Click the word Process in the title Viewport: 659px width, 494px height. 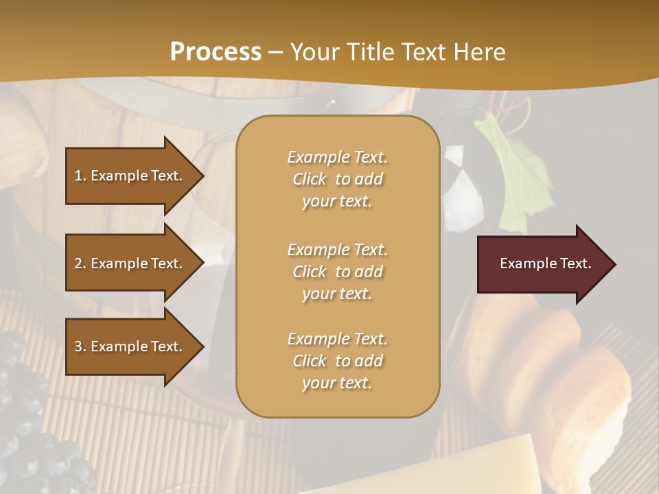pyautogui.click(x=216, y=51)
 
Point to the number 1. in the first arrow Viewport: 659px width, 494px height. pyautogui.click(x=80, y=176)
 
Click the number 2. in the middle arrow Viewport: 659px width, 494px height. pyautogui.click(x=80, y=263)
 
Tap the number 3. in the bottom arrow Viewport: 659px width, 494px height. pyautogui.click(x=80, y=346)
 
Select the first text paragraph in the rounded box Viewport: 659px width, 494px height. pyautogui.click(x=337, y=179)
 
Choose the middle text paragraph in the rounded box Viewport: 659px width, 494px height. pyautogui.click(x=337, y=272)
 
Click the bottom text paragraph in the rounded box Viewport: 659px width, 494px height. pyautogui.click(x=337, y=361)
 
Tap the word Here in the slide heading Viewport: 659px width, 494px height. pyautogui.click(x=480, y=51)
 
